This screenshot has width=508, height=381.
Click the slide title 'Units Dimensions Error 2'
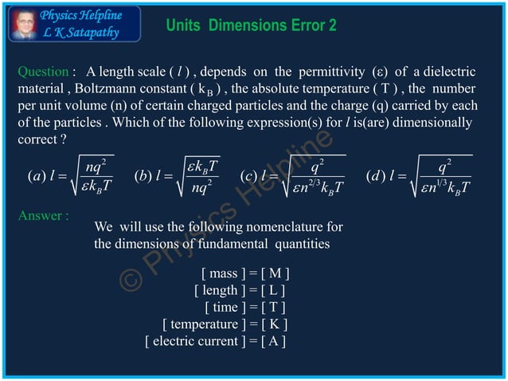251,26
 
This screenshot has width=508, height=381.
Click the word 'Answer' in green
39,215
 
